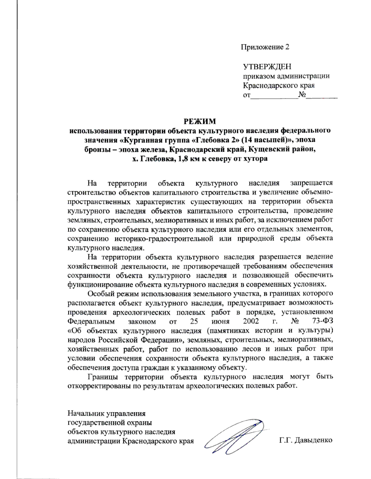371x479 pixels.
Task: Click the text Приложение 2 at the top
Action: (265, 47)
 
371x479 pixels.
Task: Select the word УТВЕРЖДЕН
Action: (267, 67)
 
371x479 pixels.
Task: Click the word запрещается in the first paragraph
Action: (311, 183)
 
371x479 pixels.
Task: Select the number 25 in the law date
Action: (194, 321)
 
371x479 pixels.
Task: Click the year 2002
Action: (251, 321)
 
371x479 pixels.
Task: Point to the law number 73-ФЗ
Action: (322, 321)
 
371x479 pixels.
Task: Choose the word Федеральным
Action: (91, 321)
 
